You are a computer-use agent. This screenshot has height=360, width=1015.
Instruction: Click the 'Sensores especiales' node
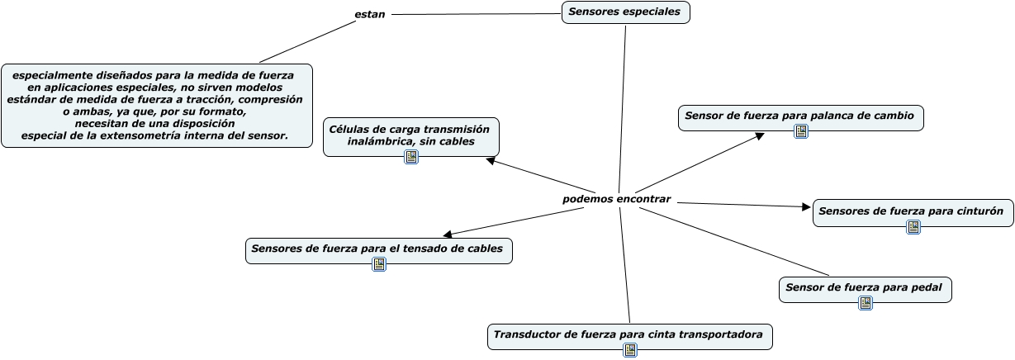[x=625, y=12]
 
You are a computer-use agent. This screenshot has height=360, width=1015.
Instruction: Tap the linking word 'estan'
[x=369, y=14]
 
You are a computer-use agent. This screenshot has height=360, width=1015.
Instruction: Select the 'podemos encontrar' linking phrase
[x=616, y=199]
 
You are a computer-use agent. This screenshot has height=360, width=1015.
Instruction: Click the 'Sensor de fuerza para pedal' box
[x=865, y=287]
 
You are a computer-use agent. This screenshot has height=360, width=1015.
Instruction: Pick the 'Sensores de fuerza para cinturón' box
[x=912, y=211]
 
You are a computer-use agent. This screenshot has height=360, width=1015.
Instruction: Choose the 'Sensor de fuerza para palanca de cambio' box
[x=799, y=116]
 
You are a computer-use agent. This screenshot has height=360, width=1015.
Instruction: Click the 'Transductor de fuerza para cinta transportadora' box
[x=629, y=334]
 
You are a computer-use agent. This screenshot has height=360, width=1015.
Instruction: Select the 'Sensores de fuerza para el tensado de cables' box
[x=378, y=249]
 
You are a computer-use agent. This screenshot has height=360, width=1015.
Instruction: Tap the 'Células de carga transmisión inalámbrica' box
[x=410, y=135]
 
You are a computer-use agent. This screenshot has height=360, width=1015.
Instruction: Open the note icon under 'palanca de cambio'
[x=800, y=131]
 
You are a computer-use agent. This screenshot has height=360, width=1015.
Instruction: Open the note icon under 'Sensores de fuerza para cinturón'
[x=913, y=226]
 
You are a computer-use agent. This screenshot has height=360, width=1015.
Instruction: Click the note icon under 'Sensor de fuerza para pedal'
[x=865, y=303]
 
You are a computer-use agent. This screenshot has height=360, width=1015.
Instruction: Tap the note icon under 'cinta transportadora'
[x=630, y=350]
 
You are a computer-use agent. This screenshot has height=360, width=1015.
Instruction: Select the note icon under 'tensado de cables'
[x=378, y=264]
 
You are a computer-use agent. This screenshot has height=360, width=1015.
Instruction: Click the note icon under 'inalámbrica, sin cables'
[x=410, y=156]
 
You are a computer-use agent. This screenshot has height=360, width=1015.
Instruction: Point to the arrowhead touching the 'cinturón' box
[x=807, y=207]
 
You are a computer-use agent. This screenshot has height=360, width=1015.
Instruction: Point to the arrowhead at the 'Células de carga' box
[x=490, y=161]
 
